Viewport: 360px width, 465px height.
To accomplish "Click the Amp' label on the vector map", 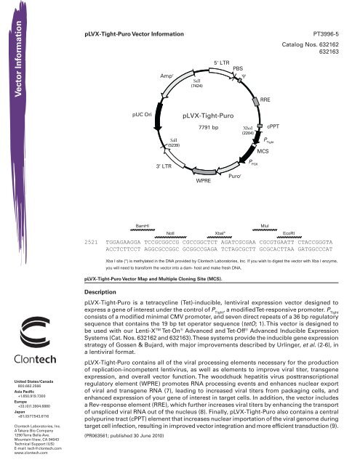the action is pos(161,74).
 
